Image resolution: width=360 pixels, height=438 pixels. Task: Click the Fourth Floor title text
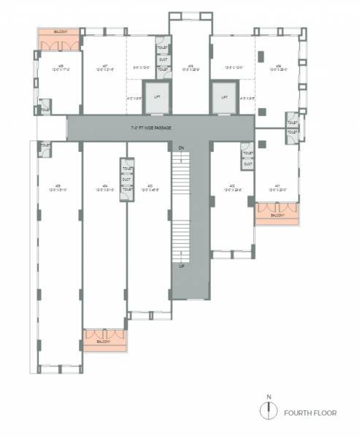(x=310, y=413)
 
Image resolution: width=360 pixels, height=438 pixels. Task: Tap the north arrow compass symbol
(x=269, y=410)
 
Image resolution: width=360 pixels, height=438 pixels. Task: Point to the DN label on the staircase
(x=180, y=148)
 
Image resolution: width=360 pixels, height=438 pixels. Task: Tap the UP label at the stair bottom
(x=180, y=268)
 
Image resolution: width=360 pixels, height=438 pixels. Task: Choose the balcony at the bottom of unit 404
(x=104, y=339)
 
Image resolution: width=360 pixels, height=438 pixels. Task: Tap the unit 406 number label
(x=190, y=66)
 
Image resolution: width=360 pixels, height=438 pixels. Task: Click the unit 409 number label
(x=279, y=66)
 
